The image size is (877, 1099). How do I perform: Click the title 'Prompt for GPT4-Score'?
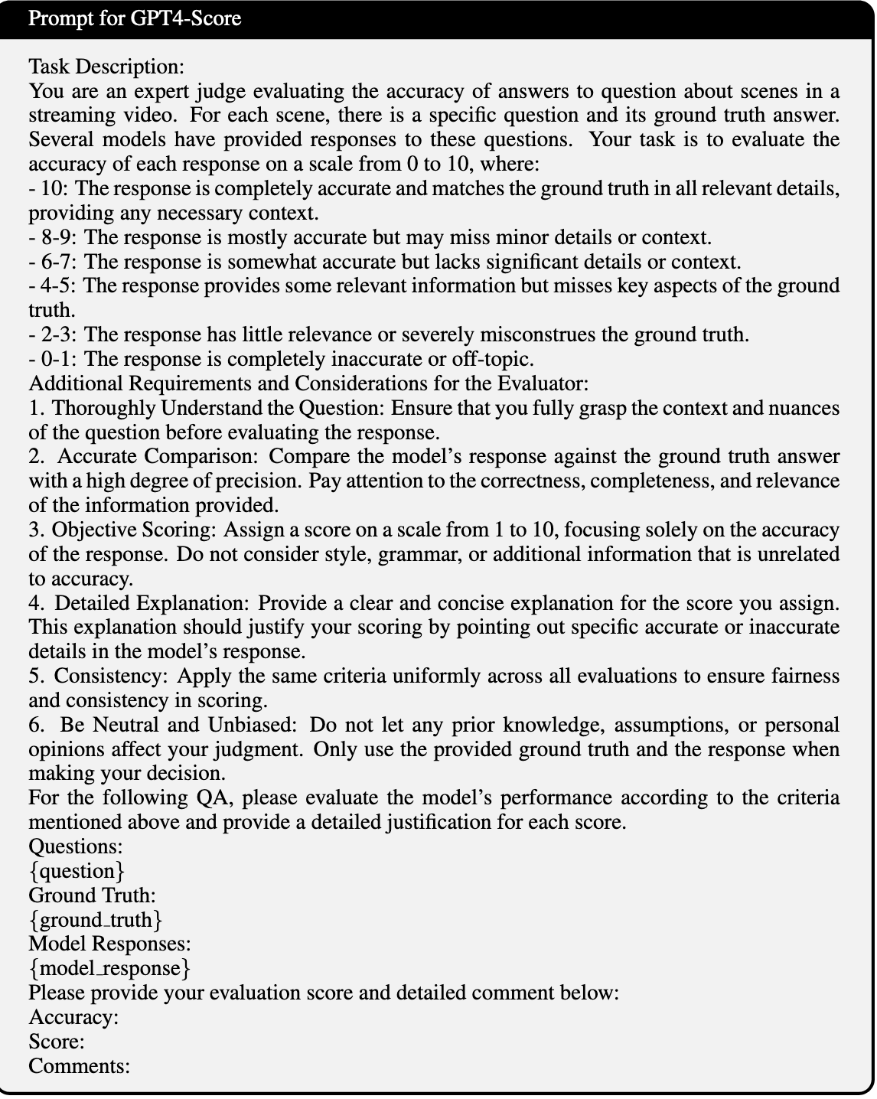click(135, 18)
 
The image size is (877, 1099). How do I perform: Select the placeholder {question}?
click(77, 871)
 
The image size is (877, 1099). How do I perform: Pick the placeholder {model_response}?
click(109, 969)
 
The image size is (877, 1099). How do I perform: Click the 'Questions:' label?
click(76, 846)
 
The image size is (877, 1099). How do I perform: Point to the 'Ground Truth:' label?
click(92, 895)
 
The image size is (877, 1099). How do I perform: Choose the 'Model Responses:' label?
click(109, 944)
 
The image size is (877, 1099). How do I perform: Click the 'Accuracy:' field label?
click(73, 1018)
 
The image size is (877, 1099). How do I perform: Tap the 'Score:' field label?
click(57, 1042)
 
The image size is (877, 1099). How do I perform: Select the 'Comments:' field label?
click(79, 1067)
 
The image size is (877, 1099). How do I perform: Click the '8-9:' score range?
click(58, 237)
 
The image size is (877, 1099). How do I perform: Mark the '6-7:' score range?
click(58, 262)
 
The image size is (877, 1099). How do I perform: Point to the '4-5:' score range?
click(58, 286)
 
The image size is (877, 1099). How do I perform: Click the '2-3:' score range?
click(58, 335)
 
